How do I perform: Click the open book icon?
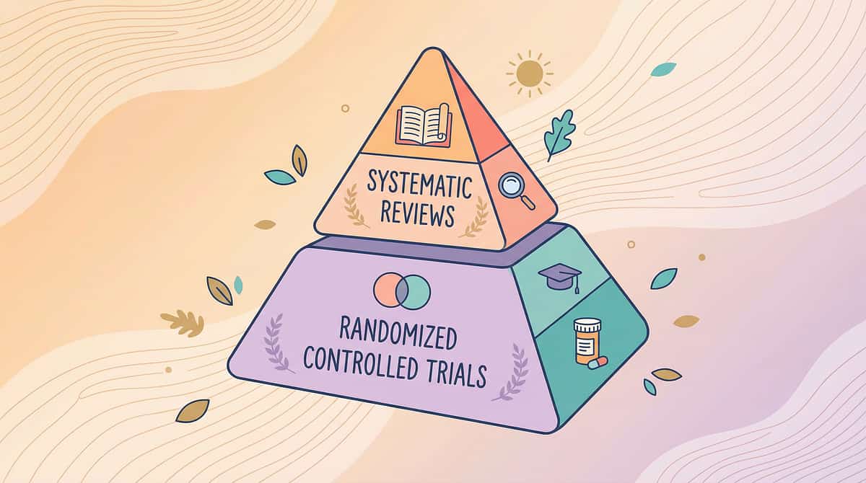point(424,125)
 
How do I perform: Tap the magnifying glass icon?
point(516,190)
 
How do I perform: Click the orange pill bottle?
point(587,341)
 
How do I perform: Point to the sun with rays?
point(529,74)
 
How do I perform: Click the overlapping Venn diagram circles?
point(402,291)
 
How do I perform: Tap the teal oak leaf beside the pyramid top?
point(559,134)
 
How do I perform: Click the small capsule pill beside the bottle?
point(598,363)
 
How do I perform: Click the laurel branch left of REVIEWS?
point(355,205)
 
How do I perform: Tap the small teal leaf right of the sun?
point(663,69)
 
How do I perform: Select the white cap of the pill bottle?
point(587,324)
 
